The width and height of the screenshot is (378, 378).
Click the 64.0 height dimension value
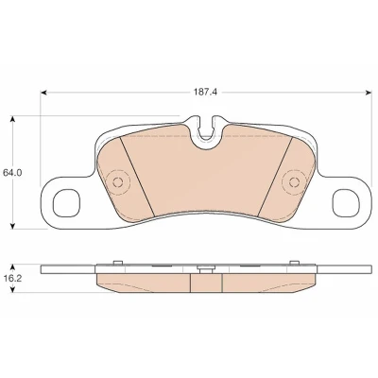pyautogui.click(x=11, y=173)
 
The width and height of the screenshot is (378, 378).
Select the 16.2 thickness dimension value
pyautogui.click(x=11, y=279)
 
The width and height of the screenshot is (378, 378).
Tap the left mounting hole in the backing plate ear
pyautogui.click(x=66, y=203)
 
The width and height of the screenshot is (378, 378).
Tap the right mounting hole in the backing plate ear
pyautogui.click(x=346, y=203)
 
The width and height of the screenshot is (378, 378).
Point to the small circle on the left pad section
pyautogui.click(x=118, y=182)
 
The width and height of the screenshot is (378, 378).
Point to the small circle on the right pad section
pyautogui.click(x=294, y=182)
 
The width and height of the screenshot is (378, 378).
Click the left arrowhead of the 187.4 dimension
pyautogui.click(x=44, y=93)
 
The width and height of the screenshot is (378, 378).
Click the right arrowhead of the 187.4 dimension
pyautogui.click(x=369, y=93)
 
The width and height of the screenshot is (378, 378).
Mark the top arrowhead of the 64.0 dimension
pyautogui.click(x=12, y=119)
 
